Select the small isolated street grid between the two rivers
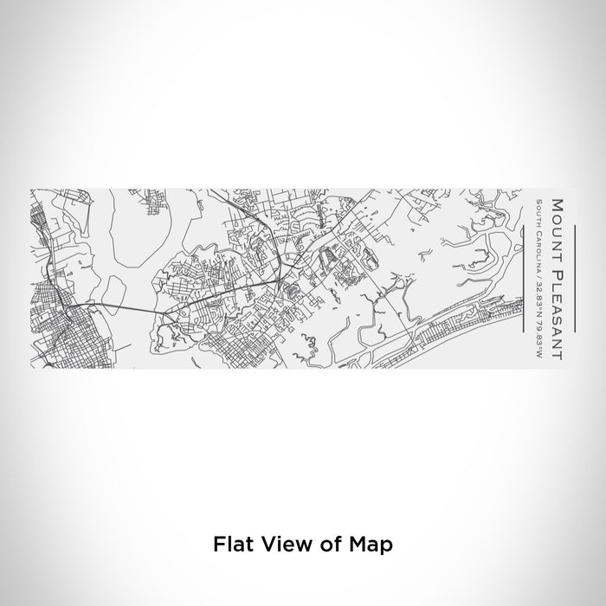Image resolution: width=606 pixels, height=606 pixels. pos(164,209)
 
